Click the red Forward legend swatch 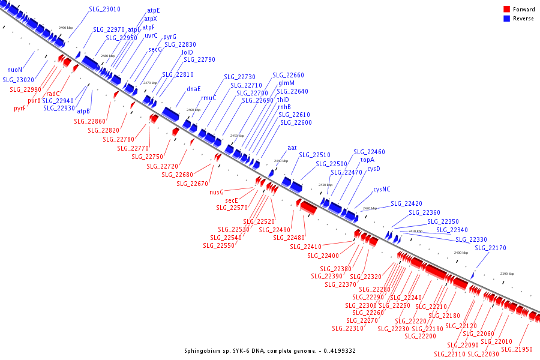[x=506, y=9]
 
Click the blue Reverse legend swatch [x=506, y=19]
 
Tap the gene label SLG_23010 [x=104, y=10]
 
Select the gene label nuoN [x=14, y=70]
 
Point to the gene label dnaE [x=193, y=89]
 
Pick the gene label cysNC [x=382, y=189]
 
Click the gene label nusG [x=217, y=193]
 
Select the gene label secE [x=232, y=200]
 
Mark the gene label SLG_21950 [x=517, y=349]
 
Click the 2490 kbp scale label [x=65, y=28]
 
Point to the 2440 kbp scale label [x=281, y=161]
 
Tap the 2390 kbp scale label [x=508, y=274]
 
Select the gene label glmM [x=286, y=83]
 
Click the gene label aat [x=292, y=147]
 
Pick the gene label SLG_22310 [x=347, y=328]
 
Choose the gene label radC [x=53, y=94]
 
